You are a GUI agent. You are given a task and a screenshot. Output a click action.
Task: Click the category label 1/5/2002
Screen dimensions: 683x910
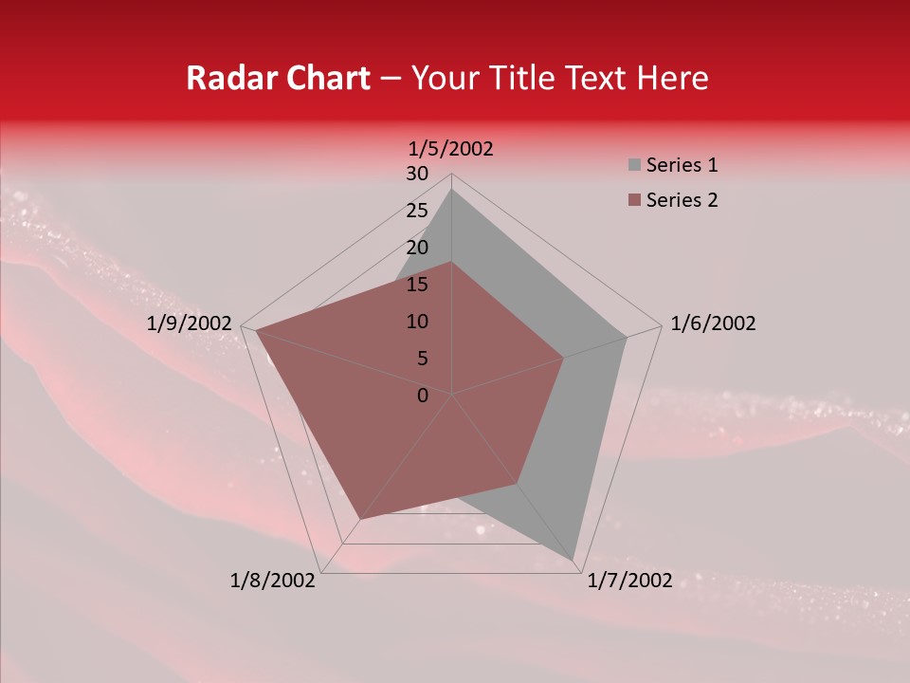coord(451,149)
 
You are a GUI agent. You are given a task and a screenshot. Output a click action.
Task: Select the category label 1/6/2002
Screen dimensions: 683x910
coord(713,323)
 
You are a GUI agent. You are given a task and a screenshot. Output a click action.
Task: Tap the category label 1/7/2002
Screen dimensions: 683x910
coord(629,581)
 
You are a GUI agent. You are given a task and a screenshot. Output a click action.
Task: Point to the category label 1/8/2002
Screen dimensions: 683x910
coord(273,581)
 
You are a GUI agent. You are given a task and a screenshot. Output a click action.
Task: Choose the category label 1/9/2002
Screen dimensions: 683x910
coord(190,323)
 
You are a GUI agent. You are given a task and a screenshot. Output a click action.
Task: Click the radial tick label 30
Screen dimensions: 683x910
coord(417,174)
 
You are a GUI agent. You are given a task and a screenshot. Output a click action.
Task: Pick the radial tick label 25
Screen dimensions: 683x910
coord(417,211)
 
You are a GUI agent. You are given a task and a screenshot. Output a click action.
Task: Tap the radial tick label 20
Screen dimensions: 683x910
coord(417,248)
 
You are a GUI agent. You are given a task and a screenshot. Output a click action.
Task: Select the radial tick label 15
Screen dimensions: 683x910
coord(417,285)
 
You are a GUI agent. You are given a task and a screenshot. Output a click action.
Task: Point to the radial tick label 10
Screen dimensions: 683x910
coord(417,322)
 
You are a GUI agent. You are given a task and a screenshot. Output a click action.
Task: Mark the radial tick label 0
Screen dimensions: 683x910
coord(423,396)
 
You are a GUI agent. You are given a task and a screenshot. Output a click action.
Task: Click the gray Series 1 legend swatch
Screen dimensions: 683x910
coord(634,166)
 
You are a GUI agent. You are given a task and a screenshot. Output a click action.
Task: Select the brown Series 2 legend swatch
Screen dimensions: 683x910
coord(634,200)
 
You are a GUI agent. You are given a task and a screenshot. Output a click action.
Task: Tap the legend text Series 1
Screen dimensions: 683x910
coord(682,165)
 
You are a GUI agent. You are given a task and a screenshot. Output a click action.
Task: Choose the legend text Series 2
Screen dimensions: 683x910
coord(682,200)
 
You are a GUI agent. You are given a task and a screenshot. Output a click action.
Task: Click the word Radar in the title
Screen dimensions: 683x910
coord(227,78)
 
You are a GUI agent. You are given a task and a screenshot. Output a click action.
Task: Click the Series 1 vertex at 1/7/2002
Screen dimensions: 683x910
coord(575,558)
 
